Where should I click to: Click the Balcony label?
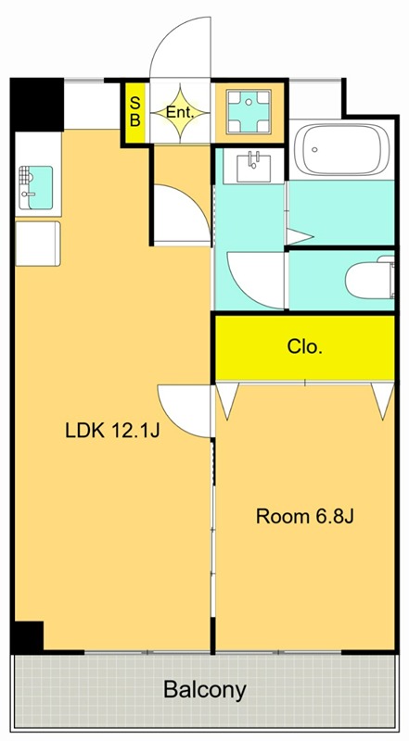204,691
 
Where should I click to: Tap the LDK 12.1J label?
112,431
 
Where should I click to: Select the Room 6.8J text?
305,517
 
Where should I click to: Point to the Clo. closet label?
305,347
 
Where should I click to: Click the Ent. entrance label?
180,113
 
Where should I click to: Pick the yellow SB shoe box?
134,112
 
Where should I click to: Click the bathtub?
341,149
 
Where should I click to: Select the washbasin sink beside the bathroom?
253,167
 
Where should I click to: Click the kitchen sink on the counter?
36,188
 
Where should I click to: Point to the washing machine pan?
249,111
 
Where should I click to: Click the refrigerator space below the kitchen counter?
38,244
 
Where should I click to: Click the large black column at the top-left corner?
37,105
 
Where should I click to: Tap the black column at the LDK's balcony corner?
28,636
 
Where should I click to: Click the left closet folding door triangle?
228,398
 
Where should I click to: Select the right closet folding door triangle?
383,398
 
